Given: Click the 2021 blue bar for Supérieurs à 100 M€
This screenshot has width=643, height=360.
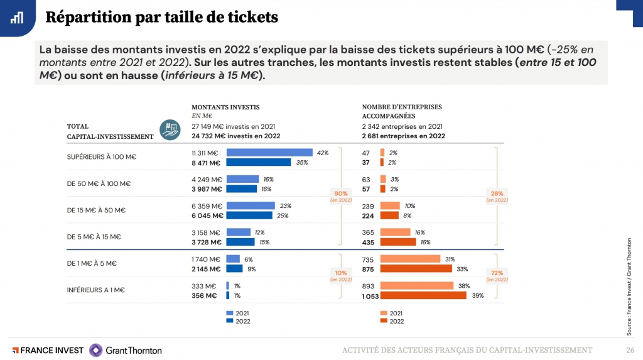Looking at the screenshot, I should (269, 153).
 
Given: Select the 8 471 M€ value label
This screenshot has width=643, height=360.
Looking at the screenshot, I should (207, 163).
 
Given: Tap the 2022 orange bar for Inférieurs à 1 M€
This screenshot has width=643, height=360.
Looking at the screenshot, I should (423, 295).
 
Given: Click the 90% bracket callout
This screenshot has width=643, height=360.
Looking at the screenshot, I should (340, 196).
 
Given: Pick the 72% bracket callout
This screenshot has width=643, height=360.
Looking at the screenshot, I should (497, 276).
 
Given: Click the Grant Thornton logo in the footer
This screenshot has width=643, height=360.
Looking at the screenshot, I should (125, 350).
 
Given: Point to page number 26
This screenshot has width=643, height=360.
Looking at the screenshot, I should (629, 350).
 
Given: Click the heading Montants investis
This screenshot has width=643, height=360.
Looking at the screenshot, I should (225, 107).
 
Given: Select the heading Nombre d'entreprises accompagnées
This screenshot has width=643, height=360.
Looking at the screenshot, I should (402, 111).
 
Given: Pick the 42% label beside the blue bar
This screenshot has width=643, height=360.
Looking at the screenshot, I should (323, 153).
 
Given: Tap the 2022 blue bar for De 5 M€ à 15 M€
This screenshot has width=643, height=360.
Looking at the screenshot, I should (240, 242).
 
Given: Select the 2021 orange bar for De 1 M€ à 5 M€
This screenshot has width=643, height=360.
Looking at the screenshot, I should (410, 259).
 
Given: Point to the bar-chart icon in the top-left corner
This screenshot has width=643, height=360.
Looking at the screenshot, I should (17, 17).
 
